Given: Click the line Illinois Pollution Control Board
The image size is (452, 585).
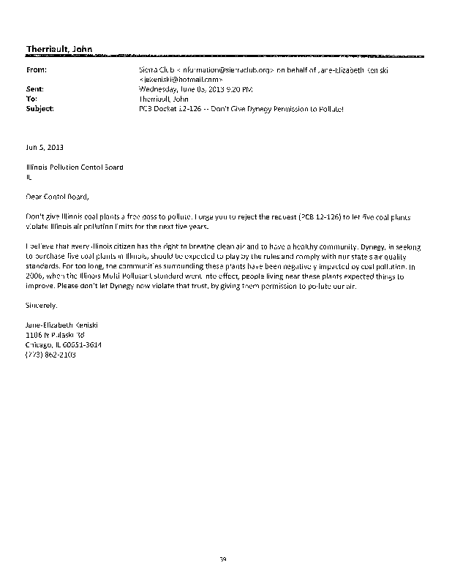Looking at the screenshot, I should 75,167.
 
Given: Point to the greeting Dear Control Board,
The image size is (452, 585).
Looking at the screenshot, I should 57,196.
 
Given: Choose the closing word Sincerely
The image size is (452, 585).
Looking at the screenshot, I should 41,303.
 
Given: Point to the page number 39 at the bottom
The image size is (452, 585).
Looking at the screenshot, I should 225,559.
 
